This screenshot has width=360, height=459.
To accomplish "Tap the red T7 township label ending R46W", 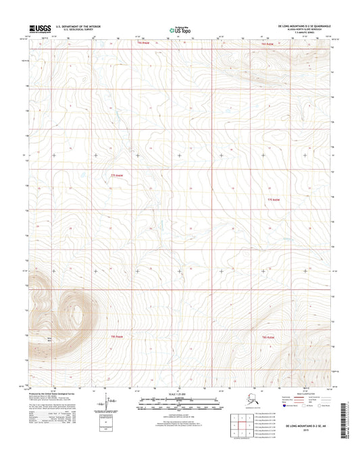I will [118, 176].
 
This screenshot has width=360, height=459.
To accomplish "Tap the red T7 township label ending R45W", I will [272, 201].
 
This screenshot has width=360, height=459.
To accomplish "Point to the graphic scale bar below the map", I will [179, 406].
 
